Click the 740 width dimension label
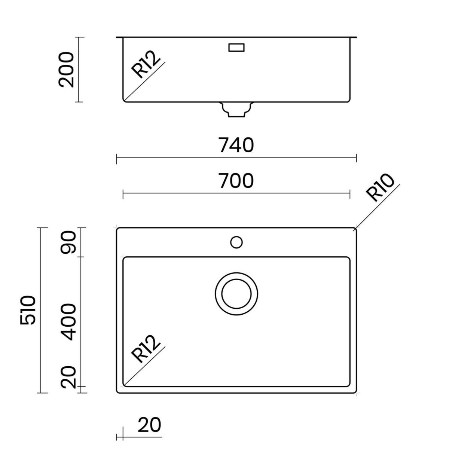[x=236, y=145]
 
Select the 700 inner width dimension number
[x=236, y=181]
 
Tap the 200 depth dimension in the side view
[x=66, y=70]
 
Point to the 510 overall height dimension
[x=28, y=310]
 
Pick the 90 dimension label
[x=68, y=242]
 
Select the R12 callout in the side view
[x=146, y=64]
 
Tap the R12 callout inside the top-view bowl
[x=146, y=349]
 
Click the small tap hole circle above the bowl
[x=236, y=242]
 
